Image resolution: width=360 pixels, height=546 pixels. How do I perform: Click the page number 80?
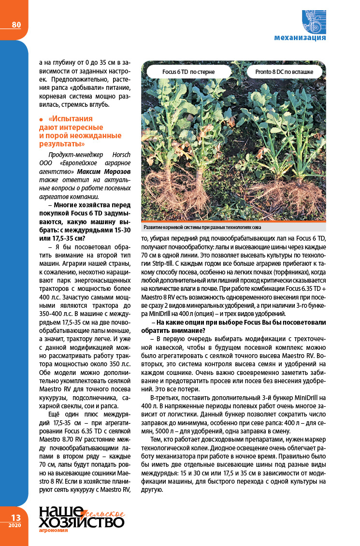coord(16,25)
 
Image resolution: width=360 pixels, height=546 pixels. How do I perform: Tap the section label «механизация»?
coord(300,37)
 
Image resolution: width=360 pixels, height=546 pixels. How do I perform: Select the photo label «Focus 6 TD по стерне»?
coord(188,72)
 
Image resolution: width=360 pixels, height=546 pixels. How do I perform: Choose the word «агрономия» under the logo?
coord(53,530)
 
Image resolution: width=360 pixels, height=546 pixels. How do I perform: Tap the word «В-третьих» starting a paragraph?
coord(164,398)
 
